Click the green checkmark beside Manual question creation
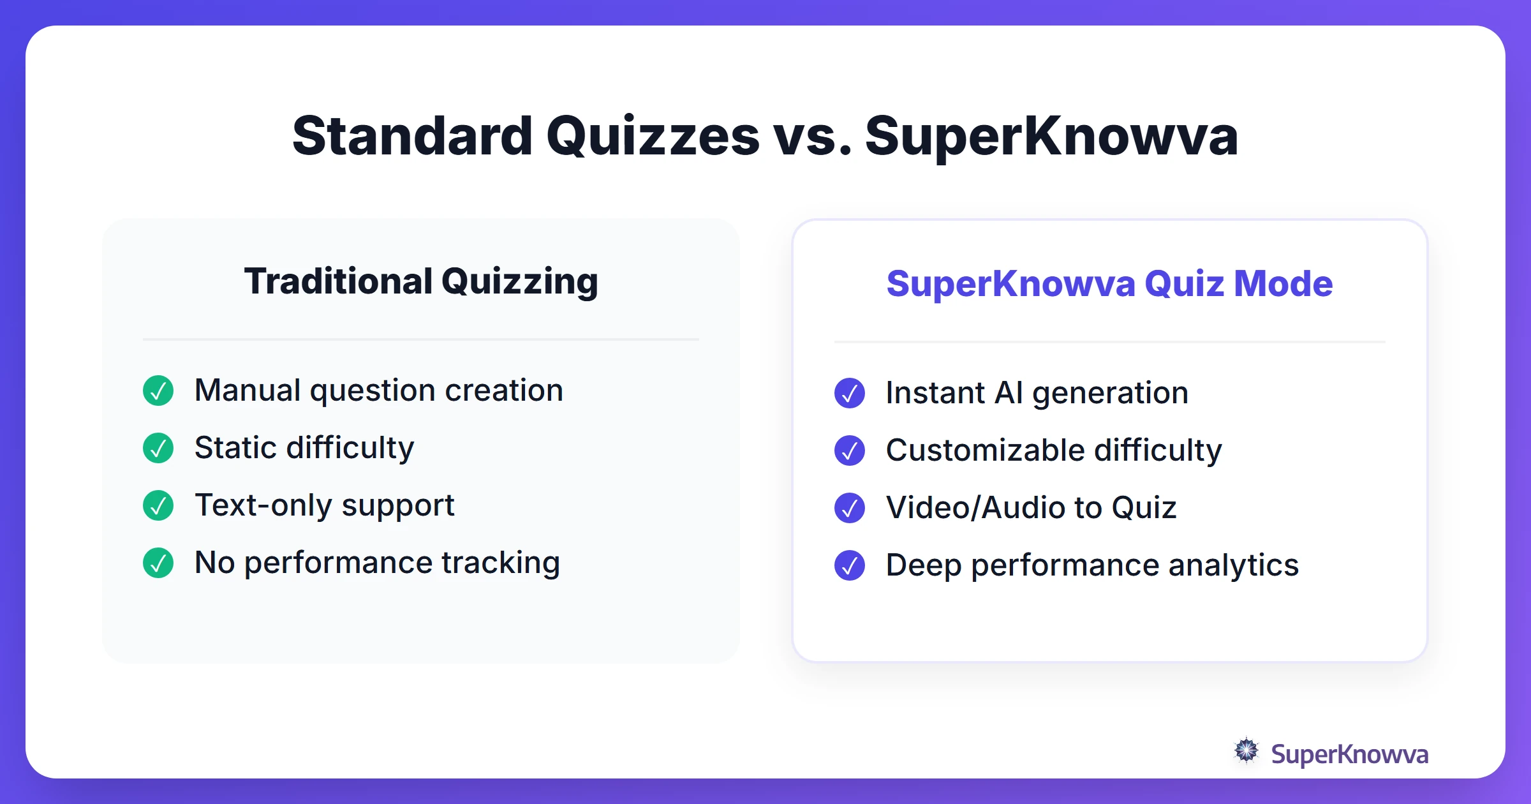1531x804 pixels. [x=158, y=391]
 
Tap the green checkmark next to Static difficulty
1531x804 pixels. [x=158, y=448]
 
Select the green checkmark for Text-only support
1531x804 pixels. [x=158, y=505]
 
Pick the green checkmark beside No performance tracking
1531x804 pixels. [x=158, y=563]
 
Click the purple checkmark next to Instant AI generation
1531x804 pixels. [x=850, y=393]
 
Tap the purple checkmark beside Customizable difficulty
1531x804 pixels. [x=850, y=450]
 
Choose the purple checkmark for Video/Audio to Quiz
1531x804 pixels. [x=850, y=508]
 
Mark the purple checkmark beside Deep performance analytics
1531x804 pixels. [x=850, y=565]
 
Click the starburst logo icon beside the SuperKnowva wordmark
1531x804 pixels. [x=1246, y=751]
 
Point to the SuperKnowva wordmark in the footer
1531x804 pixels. [x=1349, y=754]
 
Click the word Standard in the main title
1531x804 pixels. [x=412, y=136]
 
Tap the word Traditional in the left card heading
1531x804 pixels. [x=338, y=281]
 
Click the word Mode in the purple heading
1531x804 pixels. [x=1283, y=283]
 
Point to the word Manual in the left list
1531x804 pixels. [x=248, y=391]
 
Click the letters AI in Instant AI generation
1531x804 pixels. [x=1009, y=393]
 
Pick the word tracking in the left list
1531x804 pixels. [x=501, y=563]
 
